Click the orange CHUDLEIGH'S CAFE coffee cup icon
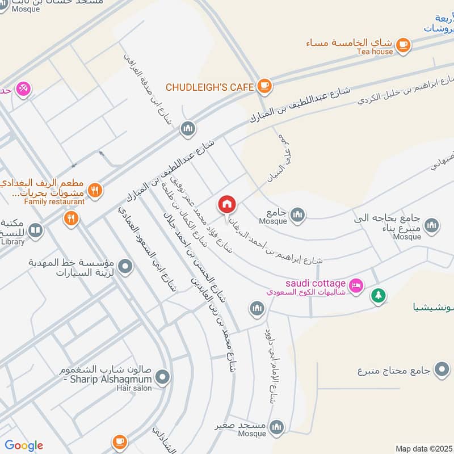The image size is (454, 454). click(x=264, y=86)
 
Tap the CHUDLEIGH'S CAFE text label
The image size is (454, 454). click(x=209, y=87)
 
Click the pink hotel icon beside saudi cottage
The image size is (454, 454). click(x=356, y=284)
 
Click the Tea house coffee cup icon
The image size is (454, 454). click(x=403, y=44)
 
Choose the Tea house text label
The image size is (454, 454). click(x=375, y=52)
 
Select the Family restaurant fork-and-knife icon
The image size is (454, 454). click(x=95, y=190)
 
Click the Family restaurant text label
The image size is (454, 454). click(x=54, y=201)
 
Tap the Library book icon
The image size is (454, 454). click(x=35, y=230)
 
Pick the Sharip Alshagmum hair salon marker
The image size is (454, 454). click(x=163, y=376)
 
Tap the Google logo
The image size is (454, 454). click(x=23, y=445)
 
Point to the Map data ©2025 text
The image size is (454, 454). click(x=423, y=448)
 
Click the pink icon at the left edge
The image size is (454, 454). click(x=23, y=88)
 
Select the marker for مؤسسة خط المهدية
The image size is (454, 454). click(x=126, y=265)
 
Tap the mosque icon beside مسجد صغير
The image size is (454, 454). click(x=276, y=427)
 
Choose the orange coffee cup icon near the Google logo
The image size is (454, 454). click(x=119, y=441)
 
